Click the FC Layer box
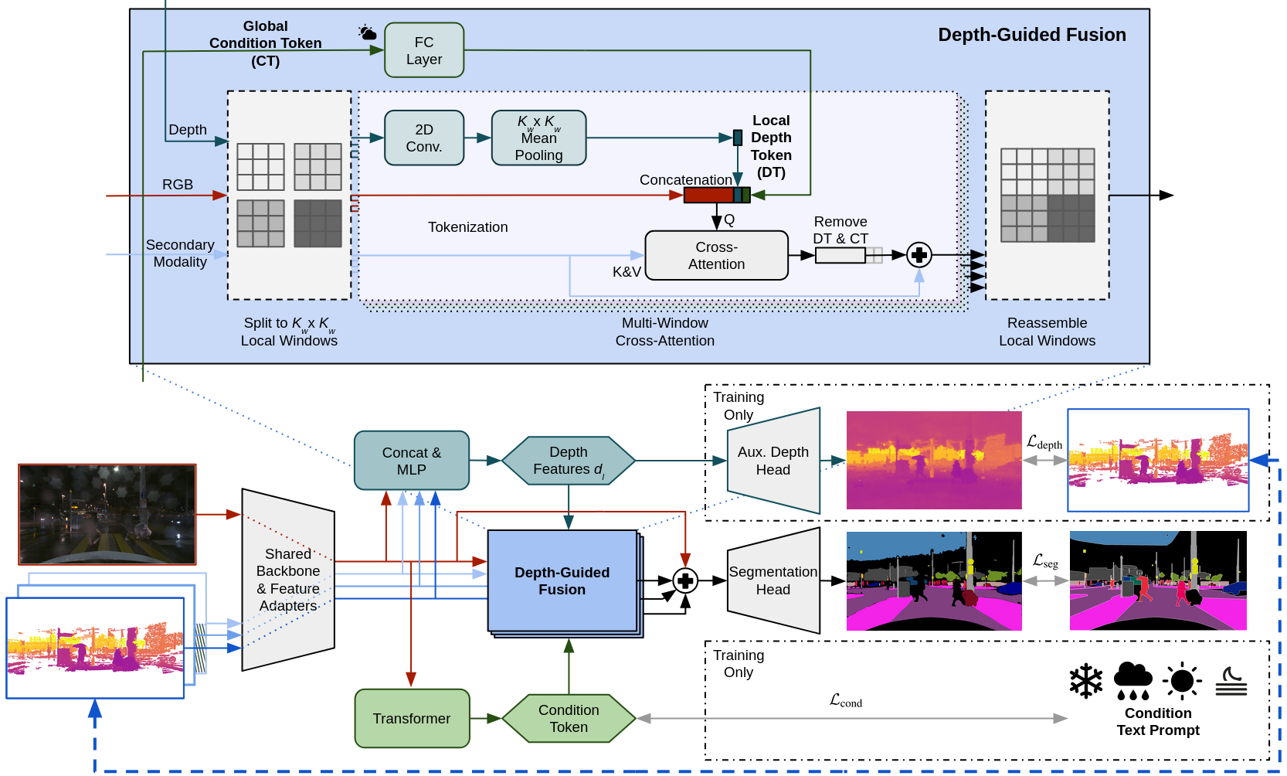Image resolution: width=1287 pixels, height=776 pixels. click(x=424, y=50)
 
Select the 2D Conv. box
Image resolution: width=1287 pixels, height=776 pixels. click(x=424, y=138)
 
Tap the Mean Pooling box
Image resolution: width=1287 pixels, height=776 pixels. click(x=538, y=138)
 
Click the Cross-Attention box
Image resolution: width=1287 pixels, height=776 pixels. click(x=716, y=255)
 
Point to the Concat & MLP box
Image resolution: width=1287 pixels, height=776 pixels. click(x=412, y=461)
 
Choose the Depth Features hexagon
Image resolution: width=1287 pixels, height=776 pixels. click(x=569, y=461)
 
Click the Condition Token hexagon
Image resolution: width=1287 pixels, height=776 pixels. click(x=569, y=718)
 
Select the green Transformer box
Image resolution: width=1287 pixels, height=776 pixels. click(x=412, y=718)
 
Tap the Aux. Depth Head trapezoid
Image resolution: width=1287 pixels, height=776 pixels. click(x=773, y=461)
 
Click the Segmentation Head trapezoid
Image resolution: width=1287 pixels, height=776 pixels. click(x=773, y=580)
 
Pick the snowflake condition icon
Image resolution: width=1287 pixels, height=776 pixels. click(x=1085, y=681)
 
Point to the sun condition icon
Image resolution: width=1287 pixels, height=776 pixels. click(x=1182, y=681)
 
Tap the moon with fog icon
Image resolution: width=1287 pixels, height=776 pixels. click(x=1231, y=681)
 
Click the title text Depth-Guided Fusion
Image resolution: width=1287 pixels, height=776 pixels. click(x=1031, y=35)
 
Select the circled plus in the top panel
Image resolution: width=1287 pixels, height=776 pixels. click(x=919, y=254)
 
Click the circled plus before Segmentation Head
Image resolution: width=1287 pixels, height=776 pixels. click(x=685, y=580)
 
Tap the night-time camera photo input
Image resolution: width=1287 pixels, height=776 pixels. click(x=107, y=514)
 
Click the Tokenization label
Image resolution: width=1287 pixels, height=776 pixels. click(x=467, y=227)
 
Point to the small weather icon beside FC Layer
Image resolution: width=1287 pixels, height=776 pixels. click(x=367, y=32)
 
